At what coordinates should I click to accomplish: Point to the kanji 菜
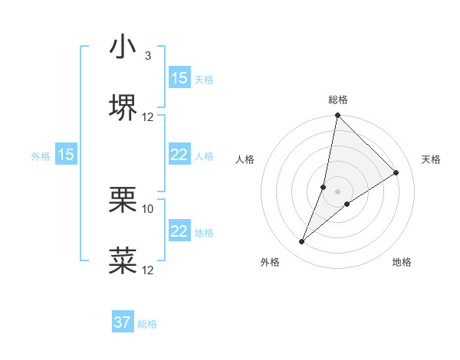tap(123, 260)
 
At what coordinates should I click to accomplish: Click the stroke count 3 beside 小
tap(148, 56)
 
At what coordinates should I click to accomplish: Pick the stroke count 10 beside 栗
tap(148, 208)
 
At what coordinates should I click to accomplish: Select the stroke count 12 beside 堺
tap(148, 117)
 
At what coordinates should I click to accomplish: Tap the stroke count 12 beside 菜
tap(148, 270)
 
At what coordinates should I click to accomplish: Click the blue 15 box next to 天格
tap(179, 78)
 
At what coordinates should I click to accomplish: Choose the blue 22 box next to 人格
tap(179, 155)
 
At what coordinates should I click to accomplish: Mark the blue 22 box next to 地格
tap(179, 231)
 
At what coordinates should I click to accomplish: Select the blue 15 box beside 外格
tap(66, 155)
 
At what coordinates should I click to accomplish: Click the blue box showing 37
tap(123, 322)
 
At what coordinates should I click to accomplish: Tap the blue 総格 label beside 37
tap(147, 324)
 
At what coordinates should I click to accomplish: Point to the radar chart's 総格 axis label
tap(338, 100)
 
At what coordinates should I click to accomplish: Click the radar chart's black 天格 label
tap(432, 159)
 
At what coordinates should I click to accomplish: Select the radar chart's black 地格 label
tap(402, 262)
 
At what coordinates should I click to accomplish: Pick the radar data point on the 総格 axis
tap(337, 116)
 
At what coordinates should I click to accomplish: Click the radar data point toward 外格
tap(302, 242)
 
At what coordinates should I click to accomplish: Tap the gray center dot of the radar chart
tap(337, 191)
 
